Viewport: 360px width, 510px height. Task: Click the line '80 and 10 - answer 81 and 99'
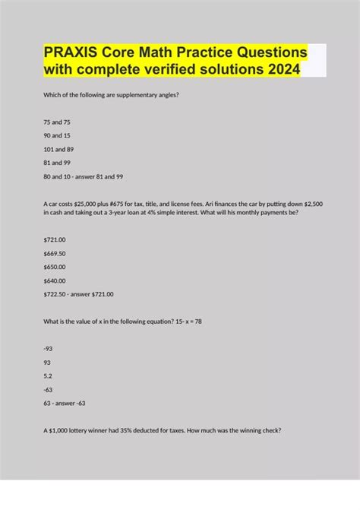84,176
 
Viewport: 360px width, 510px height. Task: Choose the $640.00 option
55,280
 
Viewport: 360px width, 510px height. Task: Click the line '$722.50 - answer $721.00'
79,293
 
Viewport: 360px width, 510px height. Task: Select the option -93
50,348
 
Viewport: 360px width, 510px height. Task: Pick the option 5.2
49,375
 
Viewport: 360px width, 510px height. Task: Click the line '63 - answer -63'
68,404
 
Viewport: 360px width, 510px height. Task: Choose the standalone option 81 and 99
54,162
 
